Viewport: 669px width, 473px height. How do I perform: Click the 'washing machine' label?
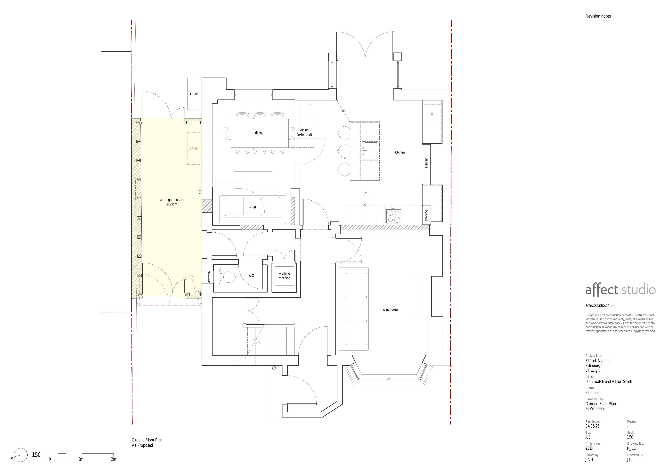pyautogui.click(x=284, y=276)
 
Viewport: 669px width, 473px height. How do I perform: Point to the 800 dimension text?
pyautogui.click(x=343, y=111)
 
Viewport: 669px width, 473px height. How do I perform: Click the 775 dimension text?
pyautogui.click(x=365, y=193)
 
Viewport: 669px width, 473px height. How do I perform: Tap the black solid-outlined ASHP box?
pyautogui.click(x=194, y=94)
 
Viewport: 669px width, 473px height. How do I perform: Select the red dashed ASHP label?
pyautogui.click(x=194, y=149)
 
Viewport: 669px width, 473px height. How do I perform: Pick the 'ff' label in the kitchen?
pyautogui.click(x=432, y=114)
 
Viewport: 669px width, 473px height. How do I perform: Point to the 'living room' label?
pyautogui.click(x=390, y=310)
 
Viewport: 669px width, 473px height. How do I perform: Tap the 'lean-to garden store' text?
pyautogui.click(x=171, y=200)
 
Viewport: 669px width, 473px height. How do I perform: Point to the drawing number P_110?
pyautogui.click(x=632, y=449)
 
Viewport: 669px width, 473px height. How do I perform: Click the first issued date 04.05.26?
pyautogui.click(x=592, y=426)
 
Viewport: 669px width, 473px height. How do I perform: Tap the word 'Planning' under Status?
pyautogui.click(x=592, y=393)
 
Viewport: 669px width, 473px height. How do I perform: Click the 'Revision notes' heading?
pyautogui.click(x=598, y=16)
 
